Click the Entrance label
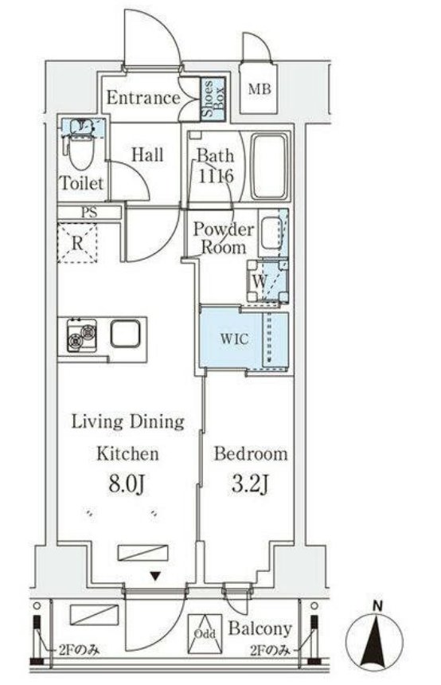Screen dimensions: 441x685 click(x=143, y=97)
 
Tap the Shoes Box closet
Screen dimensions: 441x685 click(x=213, y=100)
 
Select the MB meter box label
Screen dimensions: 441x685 click(x=260, y=89)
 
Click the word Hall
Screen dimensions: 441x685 click(x=147, y=155)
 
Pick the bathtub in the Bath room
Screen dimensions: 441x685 click(x=271, y=167)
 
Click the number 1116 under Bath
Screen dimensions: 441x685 click(x=217, y=175)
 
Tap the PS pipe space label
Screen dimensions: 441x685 click(x=89, y=213)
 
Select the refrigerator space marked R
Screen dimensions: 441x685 click(x=77, y=243)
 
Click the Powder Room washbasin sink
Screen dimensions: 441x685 click(x=271, y=233)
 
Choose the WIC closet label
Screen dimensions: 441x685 click(x=234, y=339)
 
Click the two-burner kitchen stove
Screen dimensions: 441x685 click(x=82, y=335)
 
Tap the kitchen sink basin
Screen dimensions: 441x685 click(x=125, y=335)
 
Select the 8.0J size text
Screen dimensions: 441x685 click(x=127, y=483)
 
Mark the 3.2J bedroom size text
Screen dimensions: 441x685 click(x=250, y=483)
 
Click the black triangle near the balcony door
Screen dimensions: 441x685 click(x=154, y=576)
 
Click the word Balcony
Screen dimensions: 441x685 click(x=260, y=628)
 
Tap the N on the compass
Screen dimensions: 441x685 click(x=378, y=606)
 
